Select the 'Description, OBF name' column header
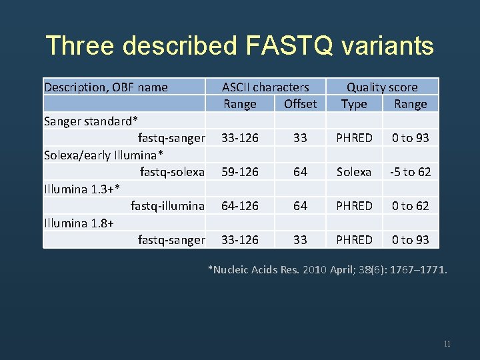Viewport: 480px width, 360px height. point(106,87)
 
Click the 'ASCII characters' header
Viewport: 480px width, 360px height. point(265,87)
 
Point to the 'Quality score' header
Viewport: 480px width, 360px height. point(382,87)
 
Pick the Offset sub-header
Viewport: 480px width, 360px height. point(300,103)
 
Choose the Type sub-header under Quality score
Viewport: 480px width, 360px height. point(354,103)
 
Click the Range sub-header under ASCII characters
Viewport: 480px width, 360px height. point(240,103)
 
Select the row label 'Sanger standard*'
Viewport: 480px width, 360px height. point(91,121)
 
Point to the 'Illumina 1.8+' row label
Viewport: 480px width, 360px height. point(78,223)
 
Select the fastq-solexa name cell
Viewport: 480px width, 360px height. point(172,172)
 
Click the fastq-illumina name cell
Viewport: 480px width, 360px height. point(167,206)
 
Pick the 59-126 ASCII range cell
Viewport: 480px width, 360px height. point(240,172)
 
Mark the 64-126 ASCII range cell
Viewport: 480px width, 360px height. point(240,206)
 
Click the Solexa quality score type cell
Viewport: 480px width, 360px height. point(354,172)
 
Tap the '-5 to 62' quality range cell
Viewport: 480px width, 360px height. point(411,172)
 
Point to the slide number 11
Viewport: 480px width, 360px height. point(447,344)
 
